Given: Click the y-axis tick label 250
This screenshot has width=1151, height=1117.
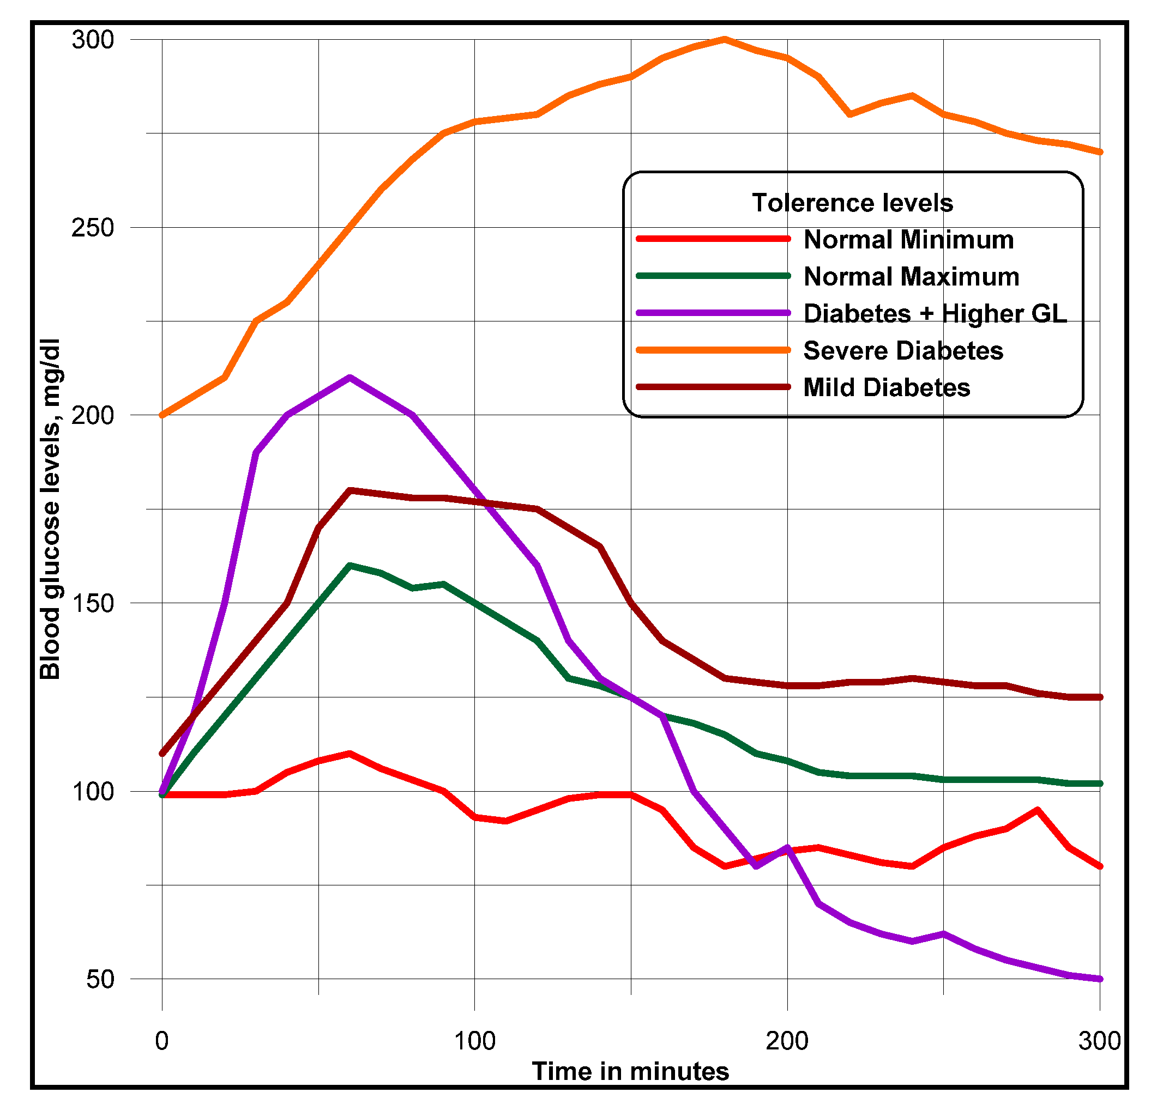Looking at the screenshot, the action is [92, 228].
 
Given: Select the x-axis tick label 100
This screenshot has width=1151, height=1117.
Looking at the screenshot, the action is [474, 1041].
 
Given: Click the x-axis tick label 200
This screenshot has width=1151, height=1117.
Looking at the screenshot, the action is [787, 1041].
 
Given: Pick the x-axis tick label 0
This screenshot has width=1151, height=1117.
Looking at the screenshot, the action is [162, 1041].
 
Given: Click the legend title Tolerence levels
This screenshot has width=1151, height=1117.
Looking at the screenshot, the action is [853, 203].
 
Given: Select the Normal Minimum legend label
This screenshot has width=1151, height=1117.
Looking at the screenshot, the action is [908, 240].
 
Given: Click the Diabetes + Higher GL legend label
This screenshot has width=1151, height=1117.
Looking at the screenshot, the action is [935, 313].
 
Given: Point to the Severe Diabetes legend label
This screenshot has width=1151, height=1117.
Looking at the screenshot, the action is [903, 350].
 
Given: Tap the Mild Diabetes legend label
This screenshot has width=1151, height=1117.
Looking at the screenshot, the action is [887, 387].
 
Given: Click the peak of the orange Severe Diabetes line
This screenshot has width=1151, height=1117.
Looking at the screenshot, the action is [725, 39].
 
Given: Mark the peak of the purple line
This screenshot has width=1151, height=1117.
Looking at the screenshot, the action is [349, 378].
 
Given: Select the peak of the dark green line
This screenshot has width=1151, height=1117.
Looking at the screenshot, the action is [349, 566].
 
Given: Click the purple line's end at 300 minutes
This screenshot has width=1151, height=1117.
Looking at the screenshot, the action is [1100, 979].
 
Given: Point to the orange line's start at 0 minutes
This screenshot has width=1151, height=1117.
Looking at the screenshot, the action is [162, 416].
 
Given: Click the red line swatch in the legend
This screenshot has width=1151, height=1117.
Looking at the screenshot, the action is [714, 238].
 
